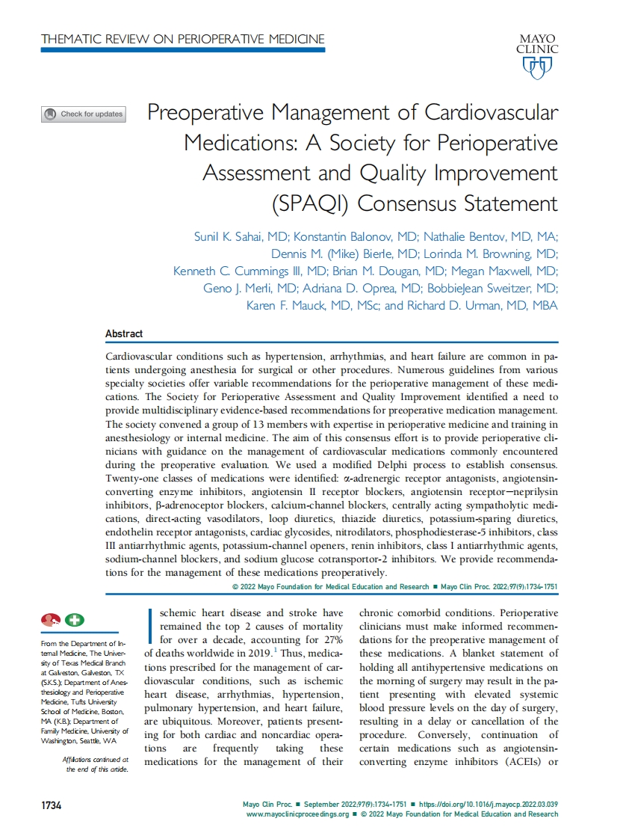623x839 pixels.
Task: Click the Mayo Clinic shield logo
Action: [x=536, y=68]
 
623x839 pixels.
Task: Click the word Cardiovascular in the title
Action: [x=491, y=113]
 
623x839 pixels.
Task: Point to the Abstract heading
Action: [x=124, y=334]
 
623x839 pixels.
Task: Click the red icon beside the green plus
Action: [x=51, y=619]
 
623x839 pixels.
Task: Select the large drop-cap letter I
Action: [x=152, y=626]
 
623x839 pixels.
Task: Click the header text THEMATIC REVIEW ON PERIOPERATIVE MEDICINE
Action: [x=183, y=38]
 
